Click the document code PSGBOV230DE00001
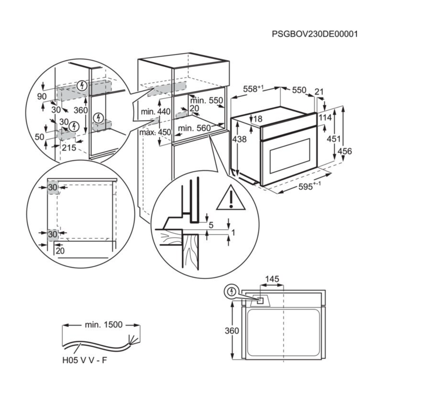315,34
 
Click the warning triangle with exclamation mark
231,198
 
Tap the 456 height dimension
345,151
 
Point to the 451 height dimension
333,138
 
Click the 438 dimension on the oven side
239,139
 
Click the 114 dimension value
325,118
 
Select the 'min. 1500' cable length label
103,325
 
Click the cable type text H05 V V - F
85,360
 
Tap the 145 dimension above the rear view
272,279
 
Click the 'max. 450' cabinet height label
155,132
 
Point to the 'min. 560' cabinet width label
194,128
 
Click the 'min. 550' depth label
206,100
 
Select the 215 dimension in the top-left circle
69,148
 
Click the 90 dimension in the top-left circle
42,96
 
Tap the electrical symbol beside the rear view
232,292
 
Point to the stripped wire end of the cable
131,340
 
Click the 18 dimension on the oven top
258,119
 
